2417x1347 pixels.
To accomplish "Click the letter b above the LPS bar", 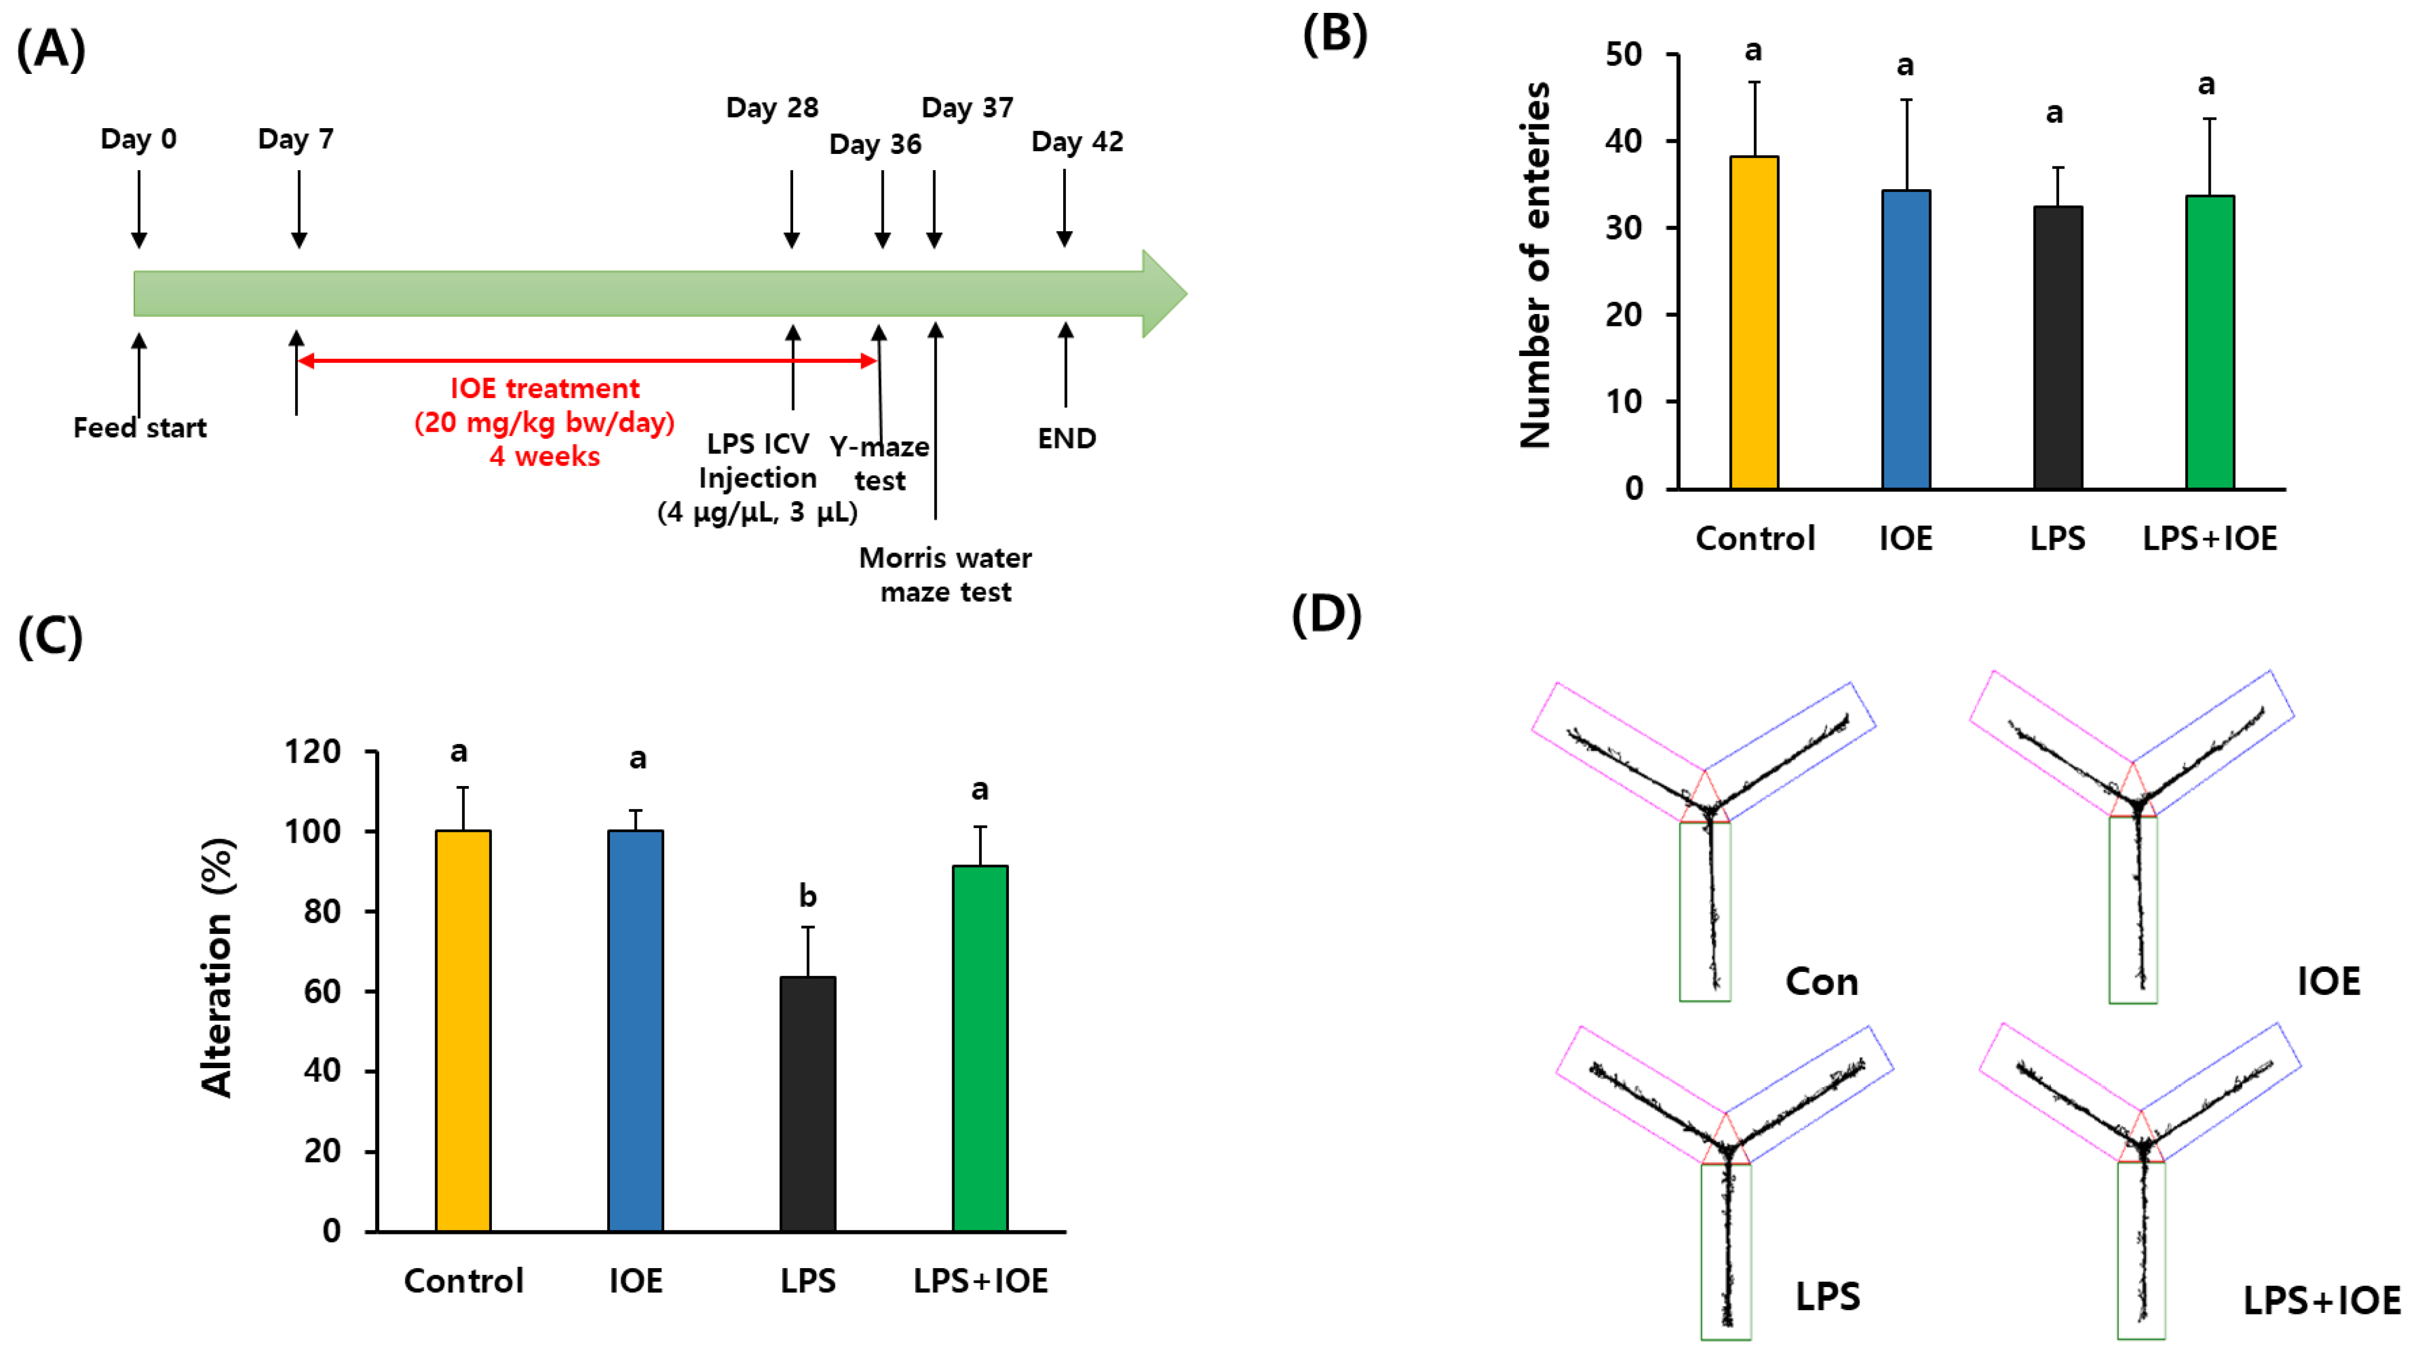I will (x=807, y=897).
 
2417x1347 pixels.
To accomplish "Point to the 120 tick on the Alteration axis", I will (x=313, y=752).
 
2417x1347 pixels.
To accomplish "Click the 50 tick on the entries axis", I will (x=1624, y=54).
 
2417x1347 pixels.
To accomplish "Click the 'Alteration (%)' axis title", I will (x=218, y=967).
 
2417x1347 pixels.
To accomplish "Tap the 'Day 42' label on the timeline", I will (x=1077, y=142).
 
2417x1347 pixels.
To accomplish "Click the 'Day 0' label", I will (x=139, y=139).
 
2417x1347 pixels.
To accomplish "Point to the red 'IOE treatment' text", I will (x=544, y=389).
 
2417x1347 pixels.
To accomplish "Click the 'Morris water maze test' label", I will (x=945, y=575).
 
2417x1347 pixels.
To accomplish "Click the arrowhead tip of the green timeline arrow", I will (x=1184, y=293).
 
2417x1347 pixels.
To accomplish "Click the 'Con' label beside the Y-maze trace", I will (x=1821, y=981).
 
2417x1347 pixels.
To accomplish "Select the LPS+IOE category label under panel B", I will (x=2210, y=539).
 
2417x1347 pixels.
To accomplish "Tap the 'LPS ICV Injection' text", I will (x=757, y=461).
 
